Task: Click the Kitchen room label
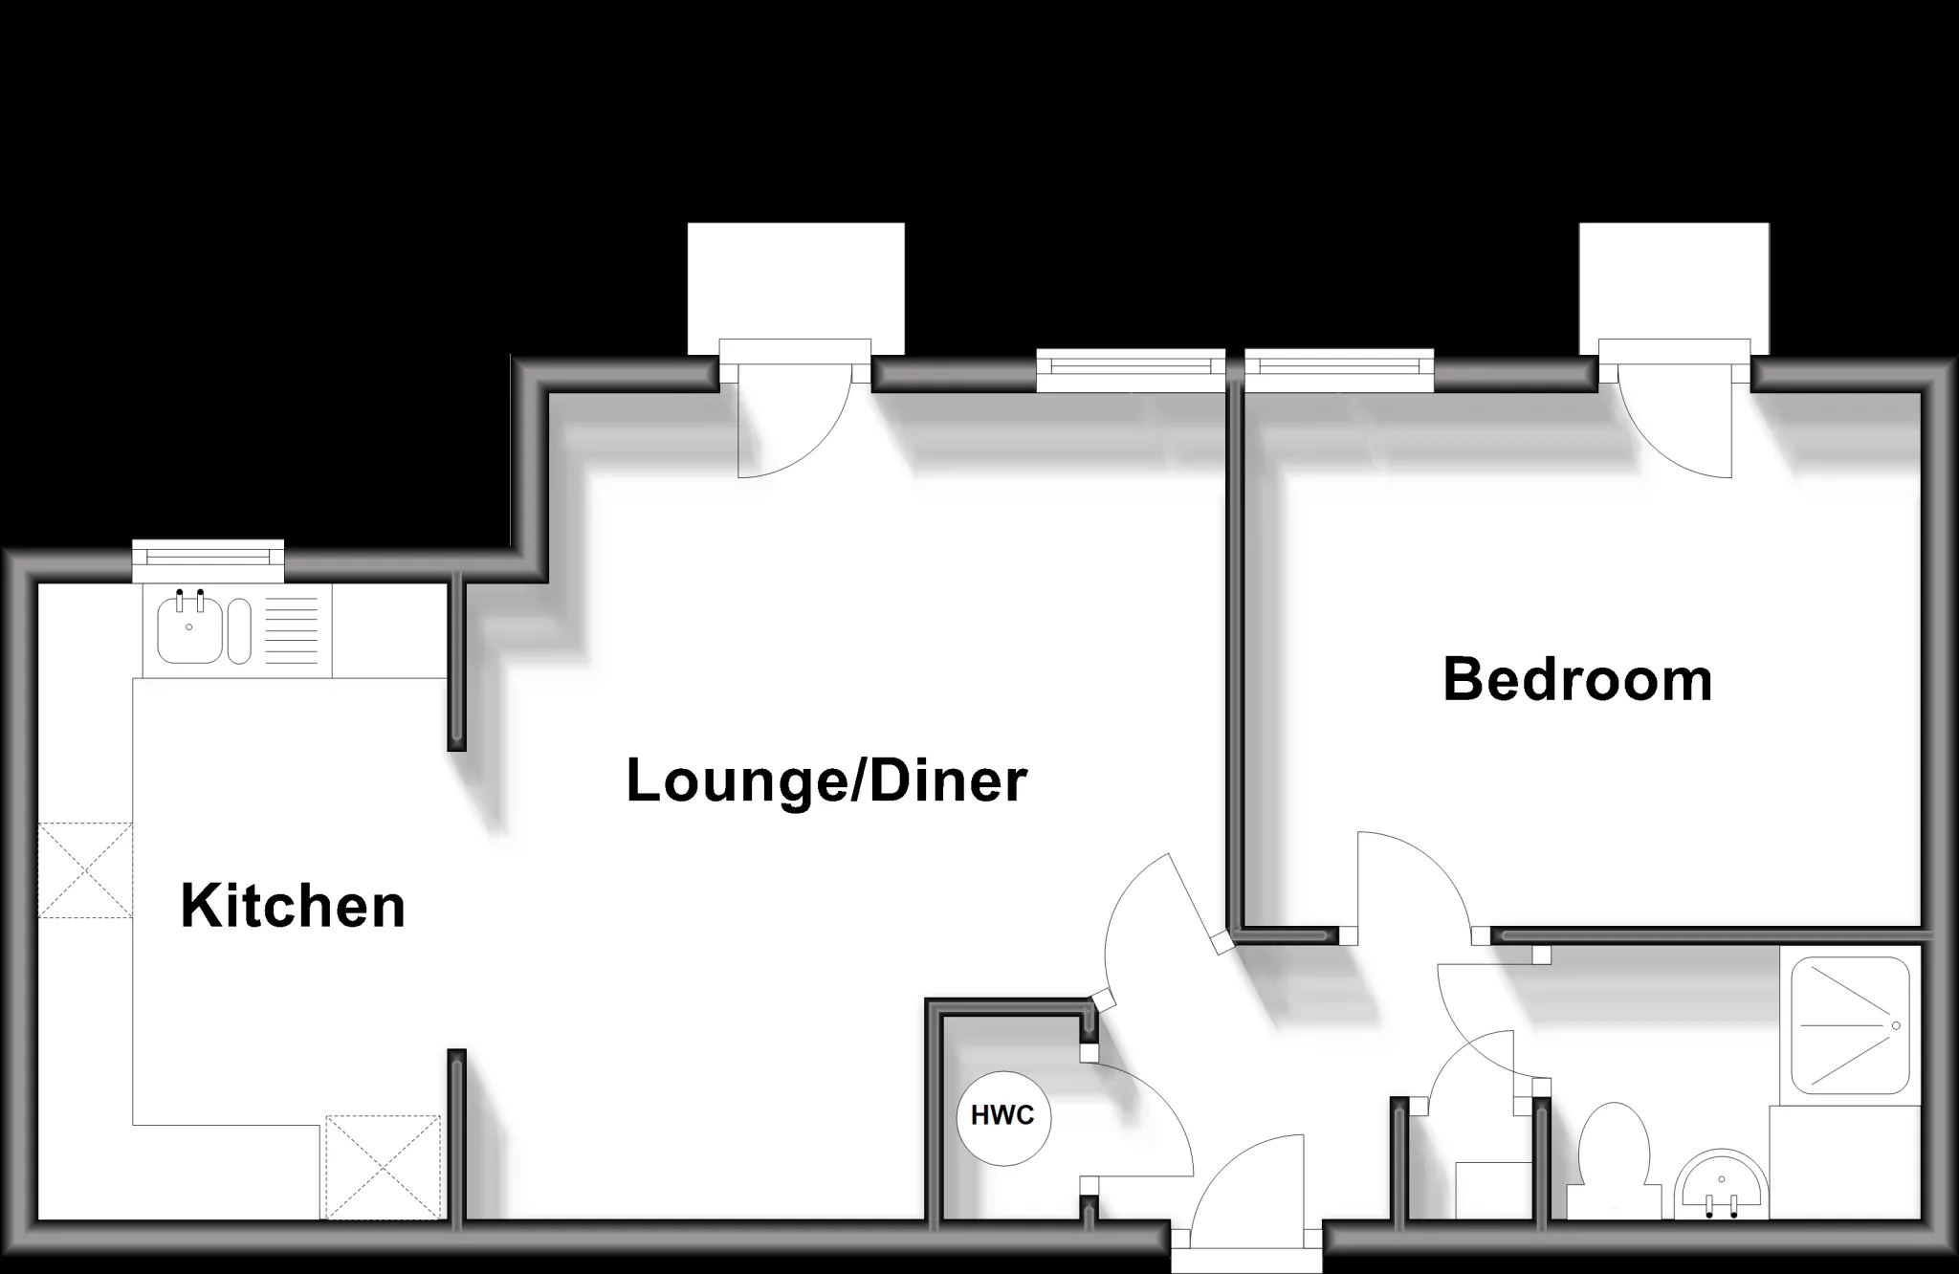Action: pyautogui.click(x=293, y=907)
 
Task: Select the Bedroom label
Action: pyautogui.click(x=1577, y=680)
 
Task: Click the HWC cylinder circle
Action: pyautogui.click(x=1003, y=1117)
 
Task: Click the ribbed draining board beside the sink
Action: pyautogui.click(x=290, y=629)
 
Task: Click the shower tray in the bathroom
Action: pyautogui.click(x=1850, y=1025)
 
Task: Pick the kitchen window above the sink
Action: pyautogui.click(x=209, y=561)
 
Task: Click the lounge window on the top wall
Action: pyautogui.click(x=1131, y=370)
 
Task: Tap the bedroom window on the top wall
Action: pyautogui.click(x=1339, y=370)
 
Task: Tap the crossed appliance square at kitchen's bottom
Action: pyautogui.click(x=383, y=1168)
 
